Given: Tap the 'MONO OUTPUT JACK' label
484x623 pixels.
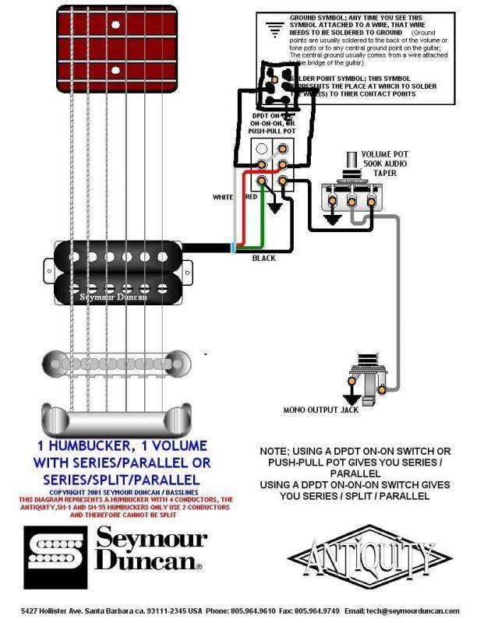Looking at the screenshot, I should pyautogui.click(x=321, y=410).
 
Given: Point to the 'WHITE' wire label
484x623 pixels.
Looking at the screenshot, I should pyautogui.click(x=223, y=198).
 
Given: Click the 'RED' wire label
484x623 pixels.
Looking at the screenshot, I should pyautogui.click(x=252, y=198).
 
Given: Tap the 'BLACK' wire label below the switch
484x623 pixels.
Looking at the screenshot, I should pyautogui.click(x=263, y=258).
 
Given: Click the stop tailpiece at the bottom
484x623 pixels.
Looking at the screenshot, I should pyautogui.click(x=114, y=421).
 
